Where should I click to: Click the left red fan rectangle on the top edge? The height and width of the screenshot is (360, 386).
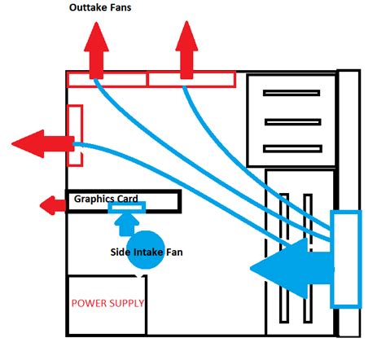[106, 79]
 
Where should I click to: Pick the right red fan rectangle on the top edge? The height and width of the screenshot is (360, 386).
[191, 79]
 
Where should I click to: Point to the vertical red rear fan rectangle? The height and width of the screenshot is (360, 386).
[75, 134]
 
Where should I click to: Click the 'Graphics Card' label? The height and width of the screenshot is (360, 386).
[107, 199]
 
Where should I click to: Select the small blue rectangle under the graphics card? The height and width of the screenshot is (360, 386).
[126, 213]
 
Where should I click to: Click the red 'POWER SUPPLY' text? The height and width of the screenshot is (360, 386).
[108, 303]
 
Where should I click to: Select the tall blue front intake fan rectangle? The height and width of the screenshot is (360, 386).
[344, 259]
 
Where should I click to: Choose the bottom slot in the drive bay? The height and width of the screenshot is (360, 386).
[290, 148]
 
